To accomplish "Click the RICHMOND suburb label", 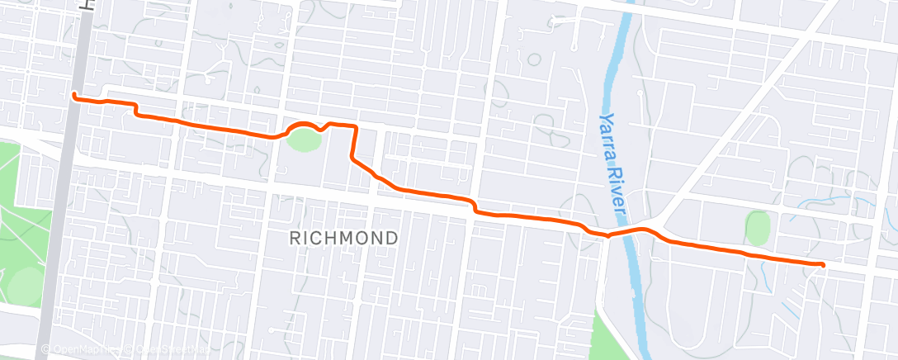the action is [x=344, y=238].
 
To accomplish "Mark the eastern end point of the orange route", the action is [x=822, y=264].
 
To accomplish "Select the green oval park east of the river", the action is [x=758, y=227].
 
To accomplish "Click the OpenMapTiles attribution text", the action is [x=78, y=349].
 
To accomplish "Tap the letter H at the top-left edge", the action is [x=85, y=5].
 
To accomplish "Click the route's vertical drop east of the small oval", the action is [x=355, y=142].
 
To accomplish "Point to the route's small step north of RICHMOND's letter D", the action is [x=475, y=206].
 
